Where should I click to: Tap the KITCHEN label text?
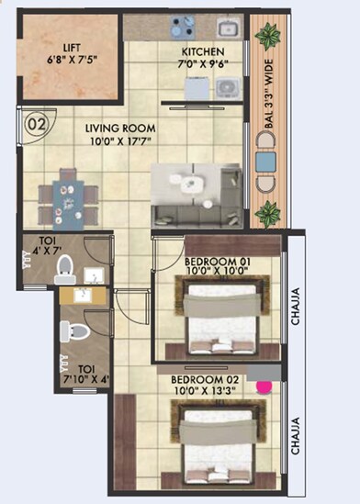pyautogui.click(x=198, y=51)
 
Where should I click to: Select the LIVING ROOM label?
pyautogui.click(x=120, y=129)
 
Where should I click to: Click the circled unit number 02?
pyautogui.click(x=37, y=120)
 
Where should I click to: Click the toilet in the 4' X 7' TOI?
pyautogui.click(x=63, y=267)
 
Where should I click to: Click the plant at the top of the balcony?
pyautogui.click(x=268, y=38)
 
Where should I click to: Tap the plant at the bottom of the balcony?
pyautogui.click(x=268, y=215)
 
